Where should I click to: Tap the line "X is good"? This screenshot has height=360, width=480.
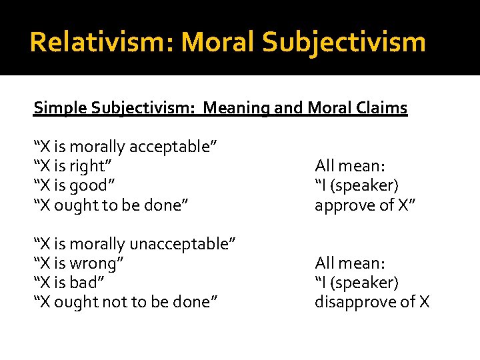79,185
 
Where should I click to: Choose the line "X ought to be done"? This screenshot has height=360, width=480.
111,205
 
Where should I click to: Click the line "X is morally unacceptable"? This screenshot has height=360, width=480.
134,244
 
